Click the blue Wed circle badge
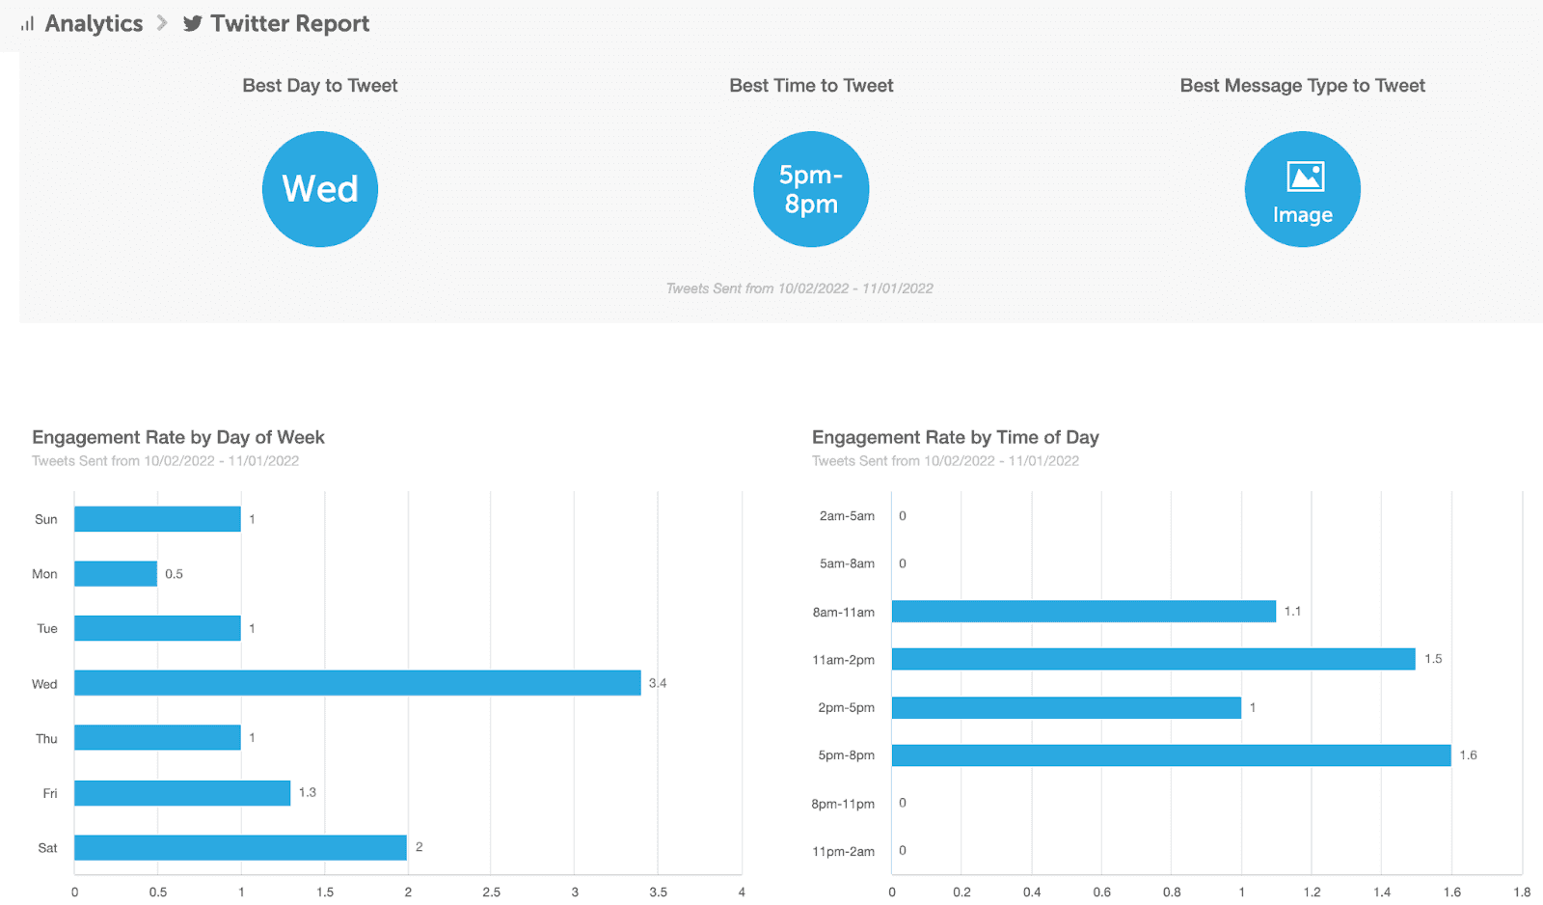point(320,189)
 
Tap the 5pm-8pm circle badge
point(811,189)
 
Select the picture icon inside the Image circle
point(1306,178)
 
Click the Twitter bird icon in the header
point(193,24)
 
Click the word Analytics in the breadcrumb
point(94,24)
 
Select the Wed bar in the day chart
point(357,683)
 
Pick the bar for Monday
point(116,574)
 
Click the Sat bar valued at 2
point(240,848)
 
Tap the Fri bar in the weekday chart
point(182,793)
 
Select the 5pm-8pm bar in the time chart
point(1171,755)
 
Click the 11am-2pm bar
point(1153,659)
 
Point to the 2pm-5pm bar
point(1066,707)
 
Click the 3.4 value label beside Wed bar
point(658,683)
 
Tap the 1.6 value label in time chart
point(1468,755)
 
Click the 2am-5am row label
point(847,516)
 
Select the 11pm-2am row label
point(843,851)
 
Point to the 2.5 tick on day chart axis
point(492,892)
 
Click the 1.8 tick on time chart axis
point(1522,892)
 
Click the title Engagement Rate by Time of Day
point(955,438)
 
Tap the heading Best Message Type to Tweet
point(1302,86)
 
